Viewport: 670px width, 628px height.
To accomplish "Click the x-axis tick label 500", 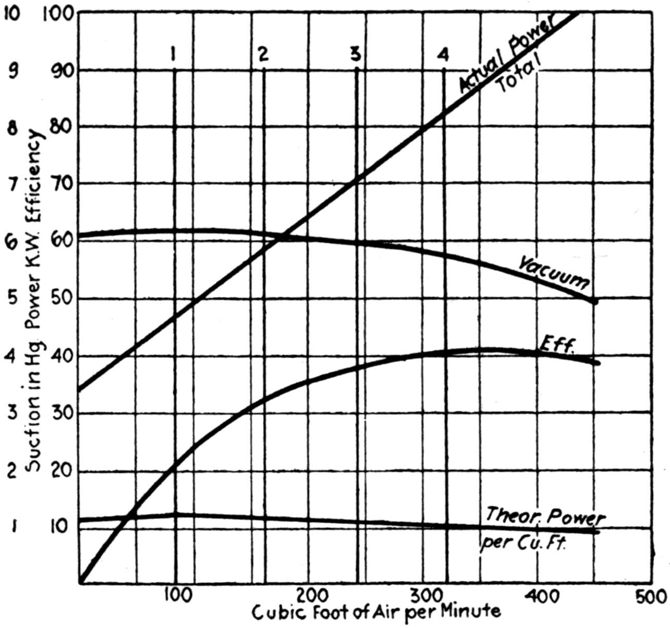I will (652, 595).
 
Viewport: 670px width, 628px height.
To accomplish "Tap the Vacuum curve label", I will (554, 272).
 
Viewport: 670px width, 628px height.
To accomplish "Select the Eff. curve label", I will (556, 345).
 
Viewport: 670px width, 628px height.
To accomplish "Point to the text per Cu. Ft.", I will (523, 542).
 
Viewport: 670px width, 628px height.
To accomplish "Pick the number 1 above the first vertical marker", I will (174, 53).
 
